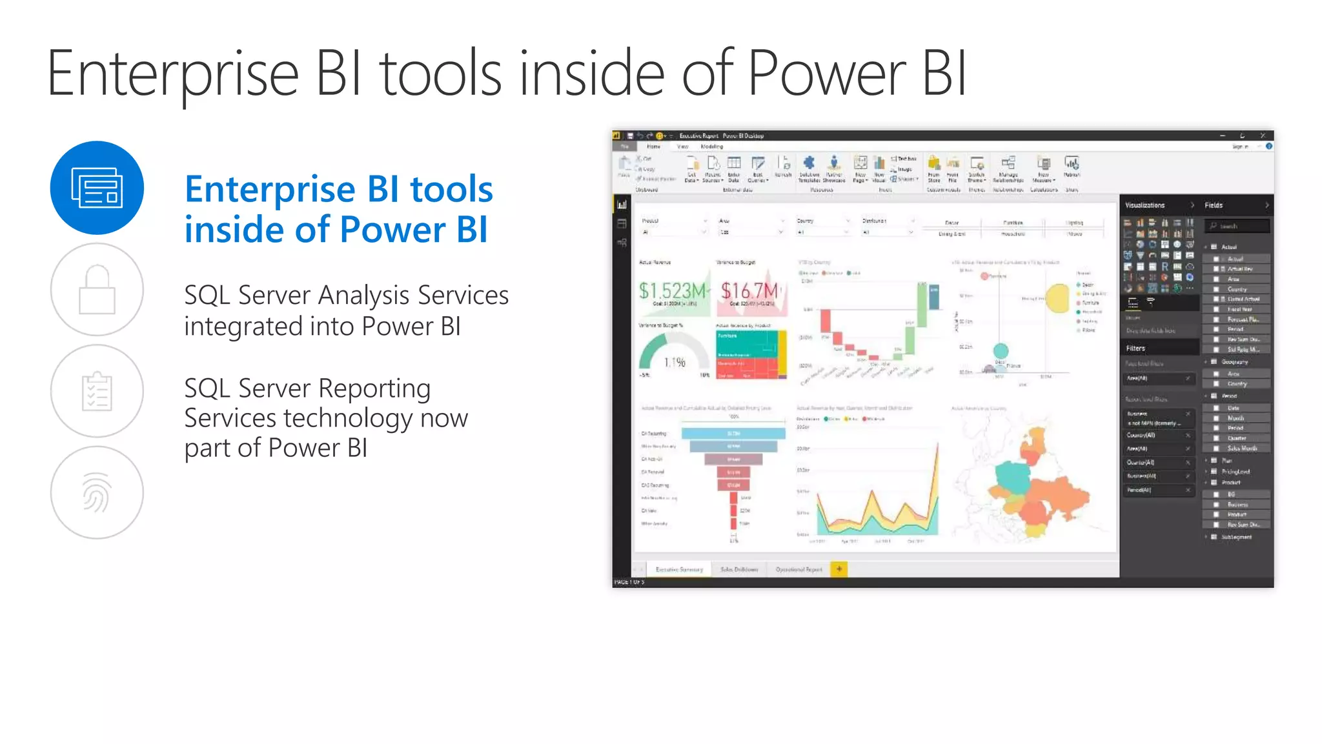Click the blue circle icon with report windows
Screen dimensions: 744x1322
(97, 188)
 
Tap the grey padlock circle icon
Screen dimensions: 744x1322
(97, 290)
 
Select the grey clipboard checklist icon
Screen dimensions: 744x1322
(97, 391)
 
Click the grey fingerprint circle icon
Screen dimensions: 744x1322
(97, 492)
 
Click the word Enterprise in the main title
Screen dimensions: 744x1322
(172, 74)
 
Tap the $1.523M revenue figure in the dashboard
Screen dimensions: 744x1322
(672, 291)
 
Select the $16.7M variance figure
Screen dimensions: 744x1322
(749, 291)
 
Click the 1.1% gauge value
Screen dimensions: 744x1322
(675, 363)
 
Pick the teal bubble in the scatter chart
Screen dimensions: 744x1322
(1001, 351)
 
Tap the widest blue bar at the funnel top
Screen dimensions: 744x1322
(733, 434)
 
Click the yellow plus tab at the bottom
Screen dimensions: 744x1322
(839, 569)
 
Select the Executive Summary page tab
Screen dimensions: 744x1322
(678, 570)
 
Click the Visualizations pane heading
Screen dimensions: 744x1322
(1144, 205)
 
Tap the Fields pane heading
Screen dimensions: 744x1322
(1214, 205)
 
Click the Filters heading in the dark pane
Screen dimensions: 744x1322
(1135, 348)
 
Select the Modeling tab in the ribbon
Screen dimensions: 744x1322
(711, 146)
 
